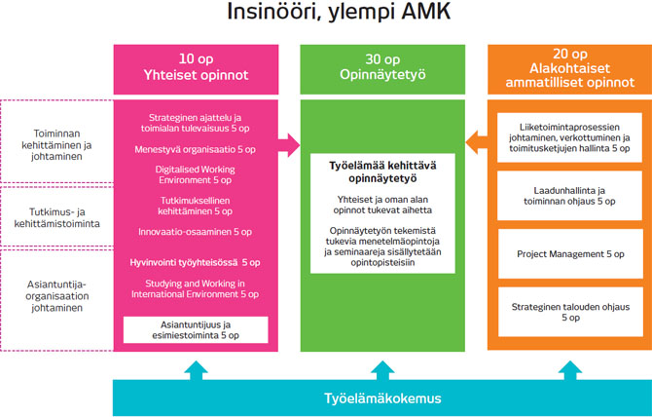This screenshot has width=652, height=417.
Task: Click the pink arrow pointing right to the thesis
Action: coord(287,144)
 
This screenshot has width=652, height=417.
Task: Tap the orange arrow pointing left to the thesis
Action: coord(474,144)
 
